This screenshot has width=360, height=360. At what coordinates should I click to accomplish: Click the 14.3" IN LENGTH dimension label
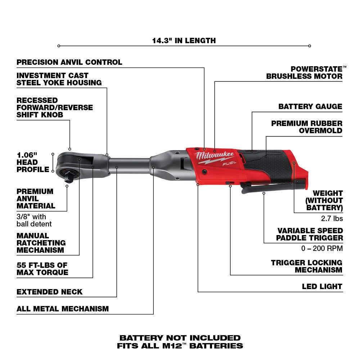[184, 40]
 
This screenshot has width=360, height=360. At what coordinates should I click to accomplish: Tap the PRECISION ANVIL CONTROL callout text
[69, 62]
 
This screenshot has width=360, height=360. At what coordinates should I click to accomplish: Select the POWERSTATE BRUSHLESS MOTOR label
[304, 72]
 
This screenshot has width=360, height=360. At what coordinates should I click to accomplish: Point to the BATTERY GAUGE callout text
[310, 107]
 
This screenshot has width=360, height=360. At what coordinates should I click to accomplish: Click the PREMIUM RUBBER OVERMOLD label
[307, 127]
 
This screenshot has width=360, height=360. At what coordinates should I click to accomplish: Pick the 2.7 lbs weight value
[332, 219]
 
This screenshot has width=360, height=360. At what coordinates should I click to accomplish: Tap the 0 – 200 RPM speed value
[322, 248]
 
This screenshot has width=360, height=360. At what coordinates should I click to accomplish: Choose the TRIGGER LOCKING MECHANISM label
[307, 266]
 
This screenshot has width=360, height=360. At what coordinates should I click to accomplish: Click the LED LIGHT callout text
[322, 287]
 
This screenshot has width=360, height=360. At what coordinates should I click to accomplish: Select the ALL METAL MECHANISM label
[63, 309]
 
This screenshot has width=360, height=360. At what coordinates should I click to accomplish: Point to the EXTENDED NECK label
[50, 292]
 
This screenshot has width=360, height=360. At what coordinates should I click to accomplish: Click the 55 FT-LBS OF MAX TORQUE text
[42, 269]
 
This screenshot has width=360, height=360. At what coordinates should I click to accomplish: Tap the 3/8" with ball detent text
[34, 220]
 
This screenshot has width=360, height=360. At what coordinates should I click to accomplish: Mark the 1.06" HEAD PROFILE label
[32, 162]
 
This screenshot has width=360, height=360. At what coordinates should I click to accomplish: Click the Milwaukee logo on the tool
[215, 157]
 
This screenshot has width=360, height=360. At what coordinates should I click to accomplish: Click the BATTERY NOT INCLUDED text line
[180, 338]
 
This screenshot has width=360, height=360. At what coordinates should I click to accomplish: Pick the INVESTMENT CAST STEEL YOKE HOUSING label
[59, 79]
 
